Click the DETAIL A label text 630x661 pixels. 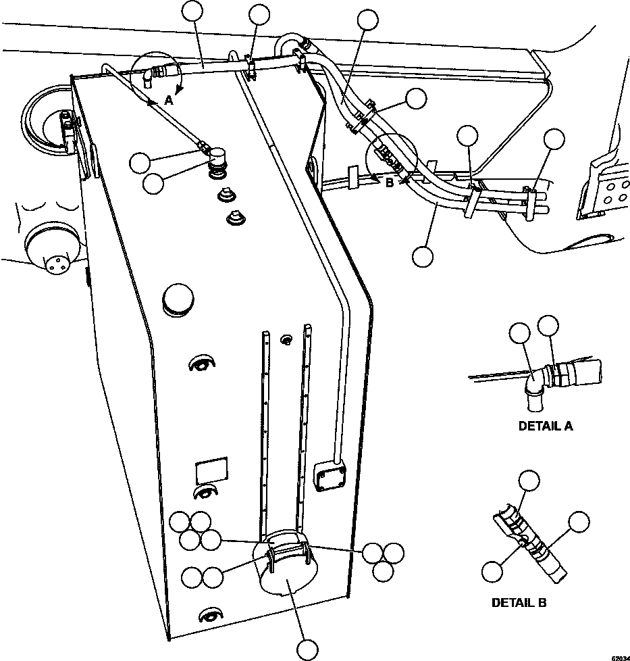point(546,426)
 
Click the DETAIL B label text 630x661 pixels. point(519,603)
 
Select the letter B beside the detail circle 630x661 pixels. point(390,181)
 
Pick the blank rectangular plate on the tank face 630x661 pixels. point(211,470)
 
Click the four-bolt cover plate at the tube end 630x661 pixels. point(331,476)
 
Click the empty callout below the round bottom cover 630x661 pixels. point(307,650)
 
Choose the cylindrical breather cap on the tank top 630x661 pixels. point(217,162)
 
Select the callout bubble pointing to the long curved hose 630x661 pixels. point(423,256)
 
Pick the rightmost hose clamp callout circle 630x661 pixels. point(554,139)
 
